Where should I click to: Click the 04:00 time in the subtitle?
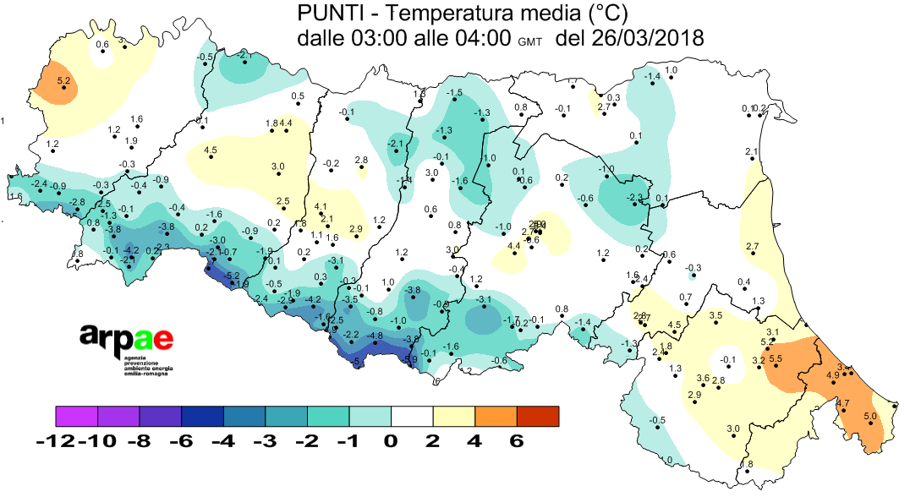(480, 38)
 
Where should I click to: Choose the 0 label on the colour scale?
(391, 442)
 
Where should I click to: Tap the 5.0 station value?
(870, 416)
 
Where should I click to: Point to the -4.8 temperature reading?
(376, 336)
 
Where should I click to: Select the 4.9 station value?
(832, 374)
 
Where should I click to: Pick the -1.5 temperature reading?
(455, 92)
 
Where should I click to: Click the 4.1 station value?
(321, 206)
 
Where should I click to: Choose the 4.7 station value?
(842, 403)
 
